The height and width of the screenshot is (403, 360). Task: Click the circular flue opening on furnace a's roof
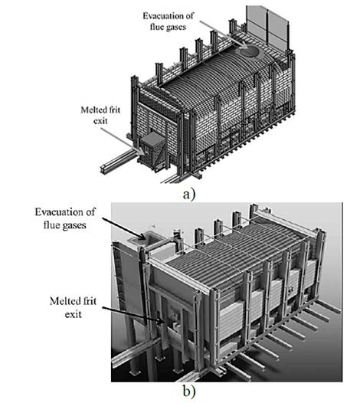click(x=250, y=51)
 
